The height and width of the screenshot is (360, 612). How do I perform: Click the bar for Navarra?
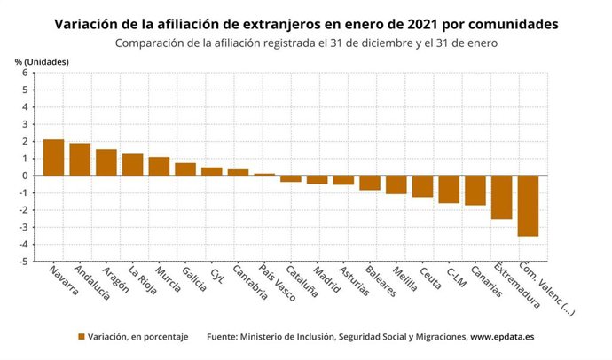coord(54,158)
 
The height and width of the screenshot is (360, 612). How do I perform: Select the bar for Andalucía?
coord(80,160)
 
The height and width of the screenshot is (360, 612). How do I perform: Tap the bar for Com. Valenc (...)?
coord(529,206)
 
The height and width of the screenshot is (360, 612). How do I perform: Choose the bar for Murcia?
coord(159,167)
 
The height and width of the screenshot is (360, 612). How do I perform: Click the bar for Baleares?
coord(370,183)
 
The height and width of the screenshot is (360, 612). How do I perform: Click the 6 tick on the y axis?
coord(25,73)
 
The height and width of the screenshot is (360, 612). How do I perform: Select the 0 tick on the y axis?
coord(25,176)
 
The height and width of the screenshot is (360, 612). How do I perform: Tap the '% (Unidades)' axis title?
coord(42,60)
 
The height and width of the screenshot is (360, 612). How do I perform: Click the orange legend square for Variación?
coord(82,337)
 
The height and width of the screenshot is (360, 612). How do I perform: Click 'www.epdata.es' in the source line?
coord(501,337)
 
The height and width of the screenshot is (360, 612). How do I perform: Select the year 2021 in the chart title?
coord(426,24)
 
